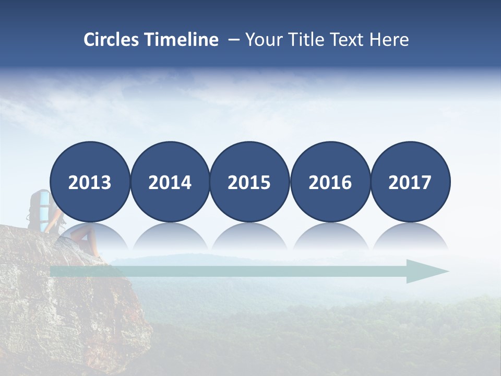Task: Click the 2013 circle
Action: tap(90, 182)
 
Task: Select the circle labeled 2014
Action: tap(170, 182)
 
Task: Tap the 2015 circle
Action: tap(249, 182)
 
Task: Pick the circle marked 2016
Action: tap(330, 182)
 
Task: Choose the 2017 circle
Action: tap(410, 182)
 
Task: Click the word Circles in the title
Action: tap(111, 40)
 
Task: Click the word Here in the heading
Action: tap(389, 40)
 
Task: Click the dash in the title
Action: tap(233, 40)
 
